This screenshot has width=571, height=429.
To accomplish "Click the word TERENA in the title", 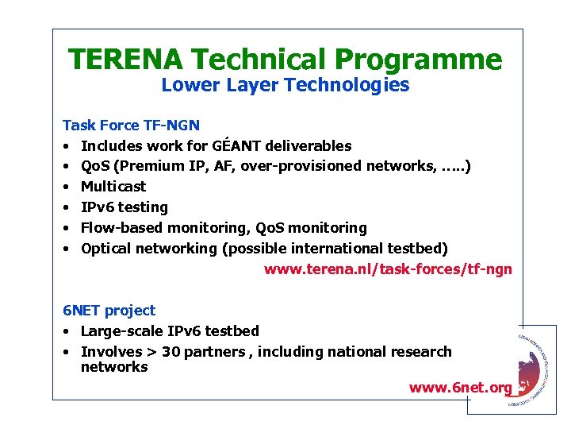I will click(x=125, y=60).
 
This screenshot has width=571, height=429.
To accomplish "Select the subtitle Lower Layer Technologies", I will click(x=285, y=85).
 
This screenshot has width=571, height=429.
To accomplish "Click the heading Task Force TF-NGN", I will click(x=131, y=125).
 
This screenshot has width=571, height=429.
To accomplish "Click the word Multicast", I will click(x=113, y=187).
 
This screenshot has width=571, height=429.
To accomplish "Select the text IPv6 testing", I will click(x=125, y=207).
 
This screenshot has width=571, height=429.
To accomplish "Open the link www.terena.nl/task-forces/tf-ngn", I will click(x=388, y=269).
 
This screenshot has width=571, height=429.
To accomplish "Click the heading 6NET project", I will click(x=109, y=311).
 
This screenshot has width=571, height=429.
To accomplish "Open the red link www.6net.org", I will click(x=461, y=388).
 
